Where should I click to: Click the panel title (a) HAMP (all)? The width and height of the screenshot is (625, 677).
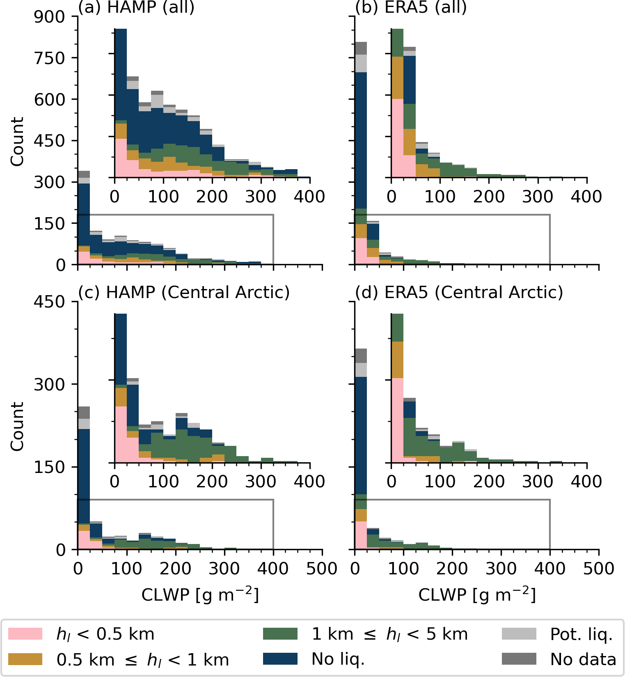point(136,7)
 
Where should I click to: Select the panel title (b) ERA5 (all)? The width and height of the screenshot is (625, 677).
point(411,7)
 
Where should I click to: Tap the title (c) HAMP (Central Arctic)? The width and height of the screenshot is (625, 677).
point(184,292)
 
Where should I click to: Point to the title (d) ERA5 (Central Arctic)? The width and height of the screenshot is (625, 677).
point(459,292)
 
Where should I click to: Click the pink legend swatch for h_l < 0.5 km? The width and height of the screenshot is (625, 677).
point(25,633)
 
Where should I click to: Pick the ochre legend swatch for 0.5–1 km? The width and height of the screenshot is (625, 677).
point(25,659)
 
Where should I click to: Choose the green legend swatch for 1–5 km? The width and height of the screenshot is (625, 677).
point(280,633)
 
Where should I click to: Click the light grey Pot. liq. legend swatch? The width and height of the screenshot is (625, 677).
point(519,633)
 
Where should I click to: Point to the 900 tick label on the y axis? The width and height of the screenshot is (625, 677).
point(49,17)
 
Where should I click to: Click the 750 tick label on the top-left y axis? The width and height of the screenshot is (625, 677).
point(49,58)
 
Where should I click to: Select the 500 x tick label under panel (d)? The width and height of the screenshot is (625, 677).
point(599,569)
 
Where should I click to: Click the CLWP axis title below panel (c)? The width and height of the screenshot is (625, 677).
point(200,594)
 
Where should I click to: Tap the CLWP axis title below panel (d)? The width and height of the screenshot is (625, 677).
point(477,594)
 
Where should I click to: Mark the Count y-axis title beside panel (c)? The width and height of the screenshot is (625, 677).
point(17,426)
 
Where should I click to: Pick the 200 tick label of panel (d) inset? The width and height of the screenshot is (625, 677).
point(489,481)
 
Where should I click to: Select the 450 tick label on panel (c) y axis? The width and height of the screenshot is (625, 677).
point(49,302)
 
